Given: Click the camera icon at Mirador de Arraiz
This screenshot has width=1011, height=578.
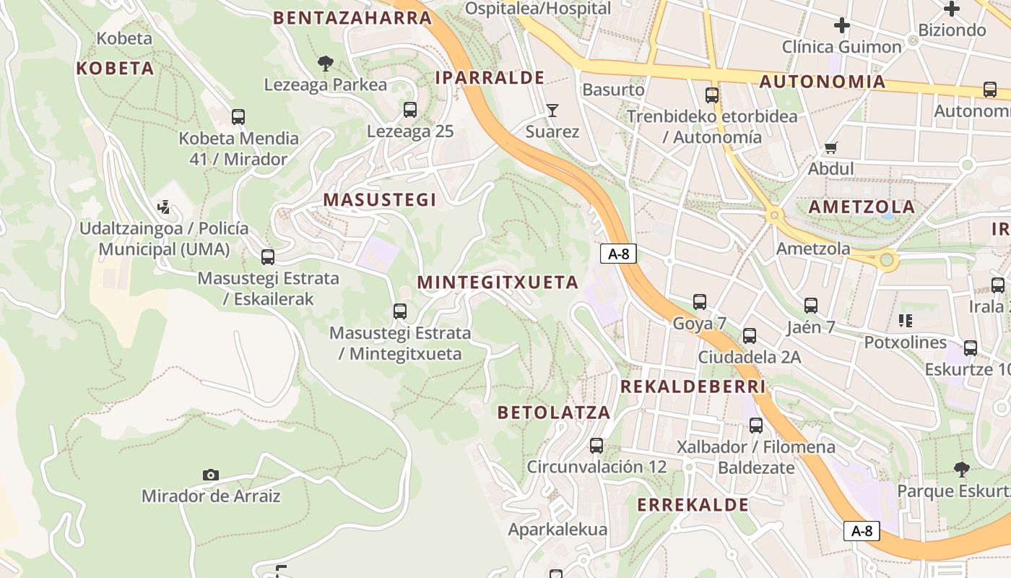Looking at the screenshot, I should tap(210, 475).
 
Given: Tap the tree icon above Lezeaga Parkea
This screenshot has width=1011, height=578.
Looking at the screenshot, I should tap(326, 64).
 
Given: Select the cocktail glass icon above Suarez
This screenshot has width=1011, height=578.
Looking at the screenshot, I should tap(552, 110).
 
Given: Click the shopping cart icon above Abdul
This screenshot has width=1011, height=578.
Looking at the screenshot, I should tap(830, 147).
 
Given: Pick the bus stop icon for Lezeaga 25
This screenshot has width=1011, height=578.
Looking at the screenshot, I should tap(410, 110).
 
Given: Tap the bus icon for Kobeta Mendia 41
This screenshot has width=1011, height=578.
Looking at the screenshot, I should tap(238, 116).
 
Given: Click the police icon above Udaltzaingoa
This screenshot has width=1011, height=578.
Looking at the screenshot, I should tap(164, 207).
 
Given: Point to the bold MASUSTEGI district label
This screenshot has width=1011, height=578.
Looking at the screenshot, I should tap(380, 200).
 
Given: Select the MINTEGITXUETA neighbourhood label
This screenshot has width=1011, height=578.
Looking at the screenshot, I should tap(498, 282).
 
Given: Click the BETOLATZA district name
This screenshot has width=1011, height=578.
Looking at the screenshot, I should tap(554, 413).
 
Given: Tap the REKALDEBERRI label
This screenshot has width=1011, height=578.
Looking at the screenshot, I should tap(693, 387).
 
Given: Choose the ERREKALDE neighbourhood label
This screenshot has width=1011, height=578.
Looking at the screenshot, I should tap(693, 504).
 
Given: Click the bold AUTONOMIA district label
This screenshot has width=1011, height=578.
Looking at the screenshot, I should tap(823, 82).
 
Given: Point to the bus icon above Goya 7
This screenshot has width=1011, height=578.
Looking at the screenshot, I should tap(699, 302).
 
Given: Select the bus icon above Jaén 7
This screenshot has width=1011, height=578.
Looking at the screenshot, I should tap(810, 306).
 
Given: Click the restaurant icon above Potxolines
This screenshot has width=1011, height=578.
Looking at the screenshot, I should tap(905, 320).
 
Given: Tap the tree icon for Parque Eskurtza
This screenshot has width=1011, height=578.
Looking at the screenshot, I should tap(961, 470).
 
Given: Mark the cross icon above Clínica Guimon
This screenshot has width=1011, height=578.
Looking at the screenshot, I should tap(841, 26).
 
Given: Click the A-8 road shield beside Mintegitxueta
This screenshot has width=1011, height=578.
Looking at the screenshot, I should tap(617, 254).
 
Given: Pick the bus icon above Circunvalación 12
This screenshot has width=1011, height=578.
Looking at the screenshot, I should tap(596, 445).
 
